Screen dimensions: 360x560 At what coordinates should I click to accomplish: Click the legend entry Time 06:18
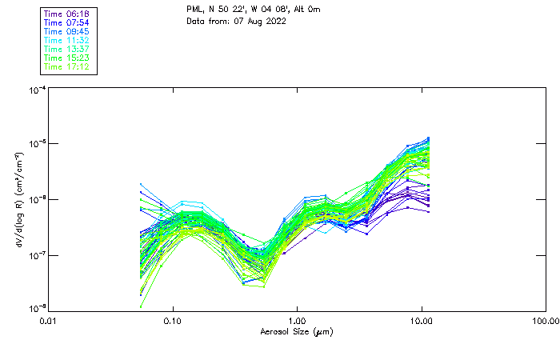[x=68, y=14]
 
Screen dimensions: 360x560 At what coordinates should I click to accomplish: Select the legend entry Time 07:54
[x=68, y=23]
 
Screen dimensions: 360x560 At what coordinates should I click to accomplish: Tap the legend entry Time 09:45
[x=68, y=32]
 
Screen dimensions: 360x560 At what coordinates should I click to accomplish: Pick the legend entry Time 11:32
[x=68, y=40]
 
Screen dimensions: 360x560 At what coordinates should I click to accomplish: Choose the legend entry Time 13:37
[x=68, y=49]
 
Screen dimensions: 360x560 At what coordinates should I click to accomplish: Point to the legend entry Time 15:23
[x=68, y=58]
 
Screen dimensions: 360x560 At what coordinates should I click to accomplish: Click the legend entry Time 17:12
[x=68, y=66]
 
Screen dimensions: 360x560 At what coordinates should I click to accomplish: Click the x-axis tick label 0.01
[x=49, y=320]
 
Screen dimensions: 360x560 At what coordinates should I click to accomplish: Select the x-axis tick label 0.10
[x=173, y=320]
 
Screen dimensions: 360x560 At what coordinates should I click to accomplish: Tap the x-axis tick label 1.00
[x=298, y=320]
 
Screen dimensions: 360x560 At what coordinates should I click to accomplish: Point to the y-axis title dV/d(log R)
[x=18, y=199]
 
